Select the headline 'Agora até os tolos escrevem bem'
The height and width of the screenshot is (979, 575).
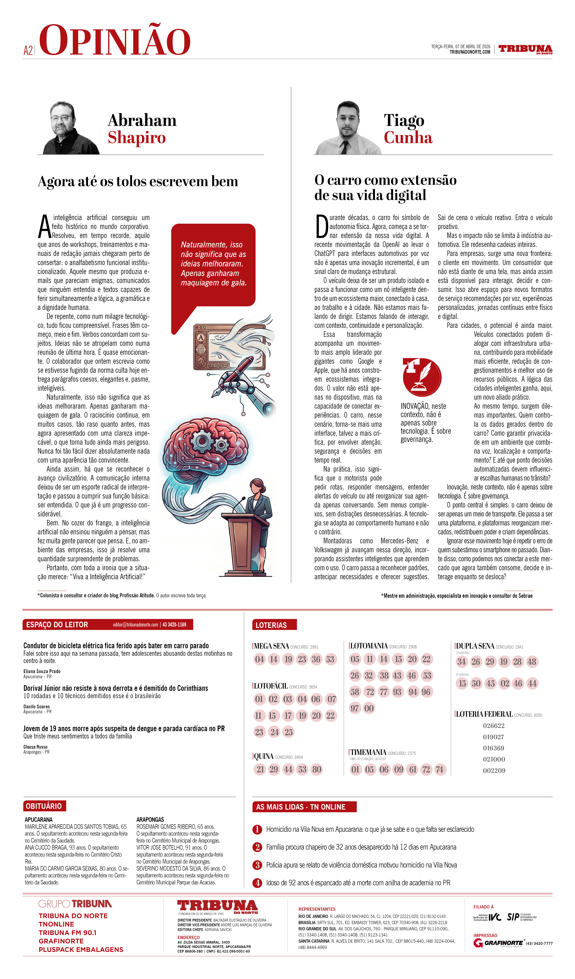pos(138,181)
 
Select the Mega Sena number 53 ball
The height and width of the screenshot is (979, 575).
pos(330,659)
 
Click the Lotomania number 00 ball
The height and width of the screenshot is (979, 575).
pos(369,708)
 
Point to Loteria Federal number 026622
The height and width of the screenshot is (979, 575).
pos(493,726)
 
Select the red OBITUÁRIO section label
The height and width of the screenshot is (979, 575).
pos(44,806)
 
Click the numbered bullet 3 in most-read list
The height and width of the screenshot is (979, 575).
pos(257,865)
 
